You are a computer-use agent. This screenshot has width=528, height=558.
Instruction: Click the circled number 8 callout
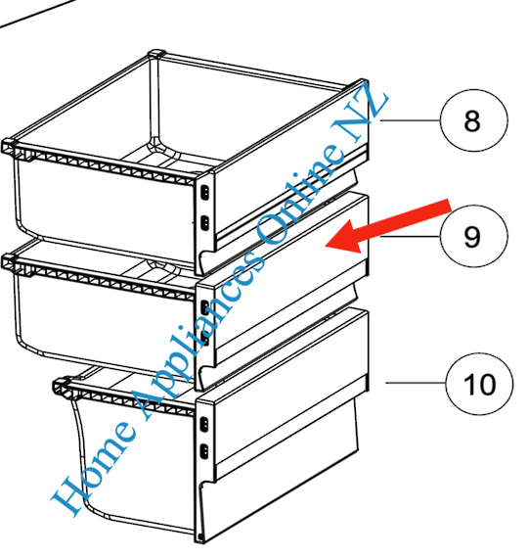pos(473,120)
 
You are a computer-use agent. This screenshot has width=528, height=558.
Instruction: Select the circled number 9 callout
pos(473,236)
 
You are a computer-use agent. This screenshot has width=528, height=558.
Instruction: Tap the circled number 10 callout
pos(479,384)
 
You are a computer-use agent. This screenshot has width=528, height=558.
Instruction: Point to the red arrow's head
pos(343,238)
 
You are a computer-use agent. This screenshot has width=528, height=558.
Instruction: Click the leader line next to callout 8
pos(411,120)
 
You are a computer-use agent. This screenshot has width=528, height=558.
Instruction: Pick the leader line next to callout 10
pos(416,383)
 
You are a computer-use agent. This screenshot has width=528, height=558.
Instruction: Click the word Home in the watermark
pos(94,467)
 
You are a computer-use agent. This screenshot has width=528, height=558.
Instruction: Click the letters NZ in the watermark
pos(360,114)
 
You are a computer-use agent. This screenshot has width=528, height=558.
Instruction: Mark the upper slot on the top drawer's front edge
pos(204,193)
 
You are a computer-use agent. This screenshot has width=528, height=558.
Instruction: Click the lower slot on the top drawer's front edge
pos(204,223)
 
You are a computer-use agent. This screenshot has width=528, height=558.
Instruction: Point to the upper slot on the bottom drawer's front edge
pos(204,424)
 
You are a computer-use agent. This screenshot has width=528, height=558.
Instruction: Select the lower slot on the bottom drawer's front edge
pos(204,451)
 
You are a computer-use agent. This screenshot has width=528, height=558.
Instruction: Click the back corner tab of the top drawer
pos(156,54)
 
